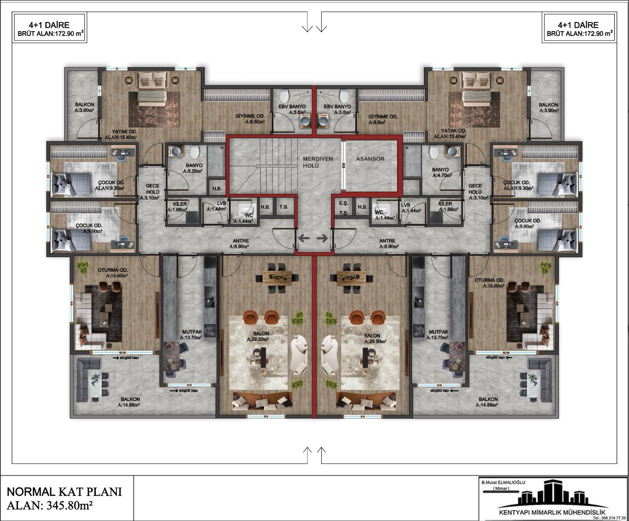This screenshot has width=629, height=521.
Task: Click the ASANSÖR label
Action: tap(370, 159)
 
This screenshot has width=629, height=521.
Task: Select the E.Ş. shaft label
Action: tap(343, 203)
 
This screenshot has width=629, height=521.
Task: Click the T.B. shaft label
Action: tap(283, 207)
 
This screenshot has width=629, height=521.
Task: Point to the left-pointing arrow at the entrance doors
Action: tap(304, 238)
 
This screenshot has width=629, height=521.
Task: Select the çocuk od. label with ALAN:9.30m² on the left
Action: tap(110, 185)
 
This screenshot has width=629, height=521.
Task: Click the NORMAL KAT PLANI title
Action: tap(64, 491)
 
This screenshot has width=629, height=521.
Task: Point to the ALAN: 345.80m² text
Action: tap(50, 505)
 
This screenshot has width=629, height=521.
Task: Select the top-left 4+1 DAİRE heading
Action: tap(49, 25)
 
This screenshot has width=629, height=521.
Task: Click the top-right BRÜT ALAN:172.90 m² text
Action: tap(580, 34)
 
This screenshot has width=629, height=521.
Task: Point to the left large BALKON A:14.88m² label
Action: tap(130, 402)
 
